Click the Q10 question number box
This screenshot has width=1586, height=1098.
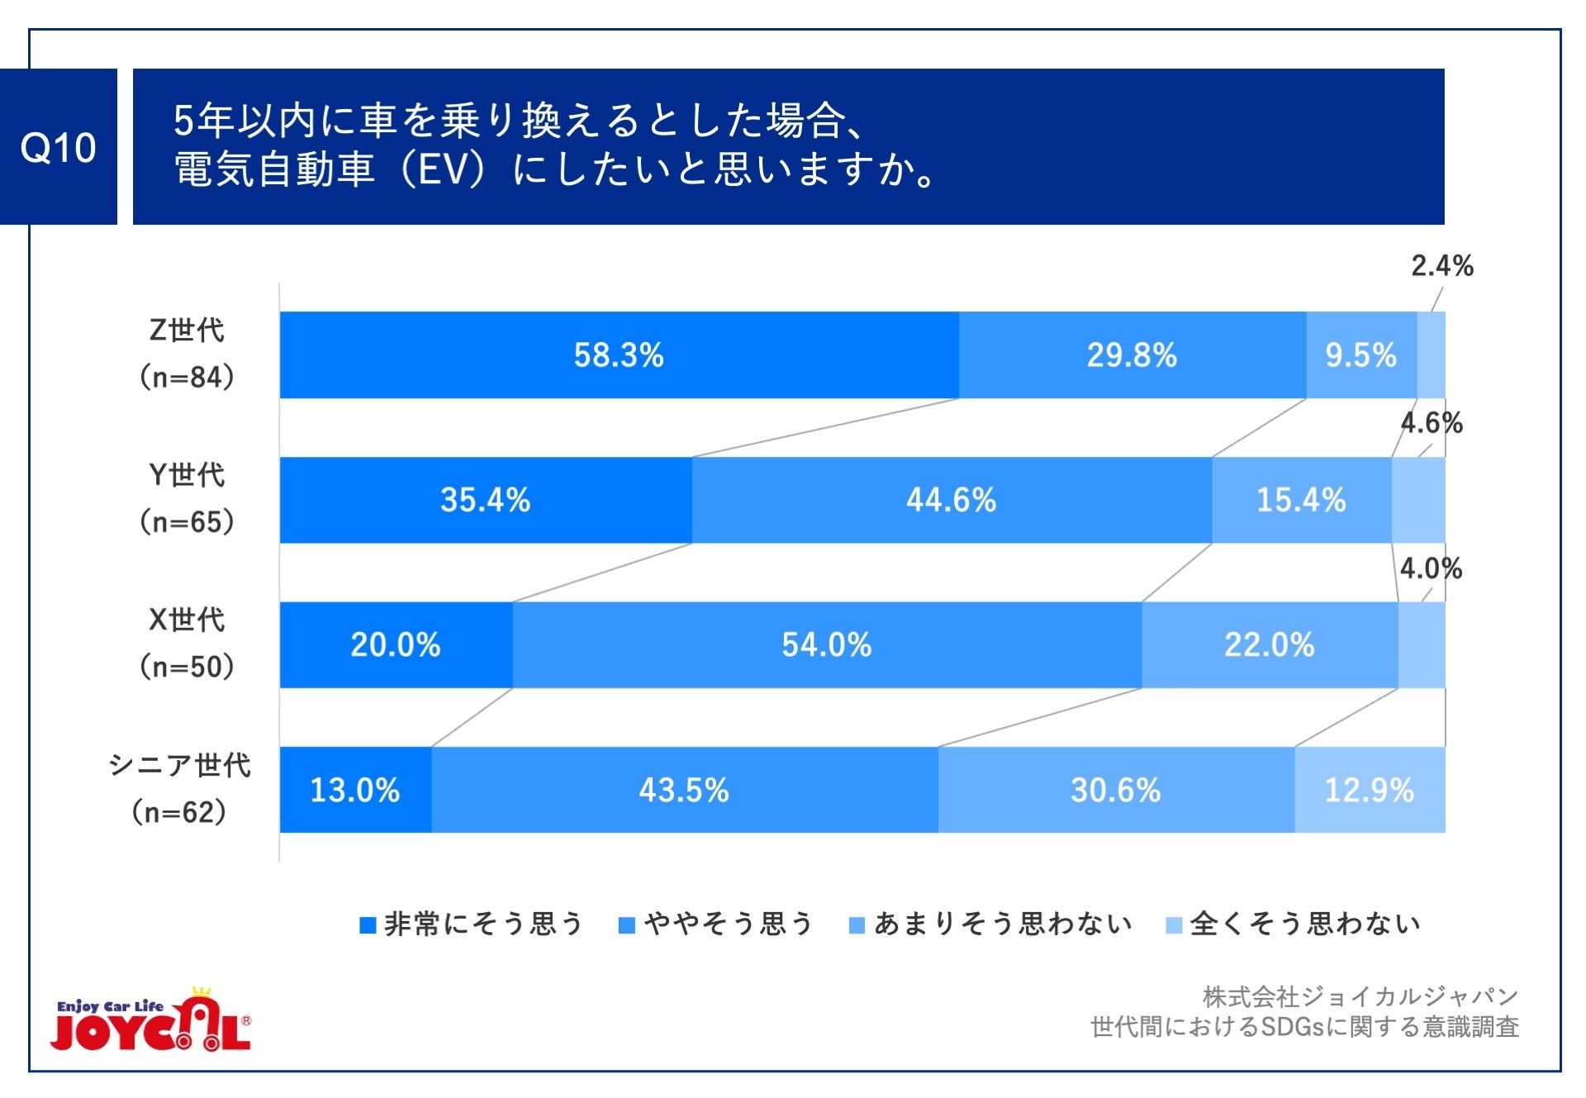tap(58, 147)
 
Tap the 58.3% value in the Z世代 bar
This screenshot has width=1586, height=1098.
tap(619, 355)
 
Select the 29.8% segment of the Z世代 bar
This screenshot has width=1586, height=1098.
tap(1131, 355)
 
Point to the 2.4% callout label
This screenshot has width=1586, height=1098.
tap(1441, 266)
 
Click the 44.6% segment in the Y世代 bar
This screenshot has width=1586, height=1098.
tap(951, 500)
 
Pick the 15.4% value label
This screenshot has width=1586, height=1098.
tap(1301, 500)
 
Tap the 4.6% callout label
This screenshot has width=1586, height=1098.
tap(1432, 423)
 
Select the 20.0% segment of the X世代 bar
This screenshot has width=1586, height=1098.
tap(396, 644)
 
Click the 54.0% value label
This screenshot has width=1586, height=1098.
tap(826, 644)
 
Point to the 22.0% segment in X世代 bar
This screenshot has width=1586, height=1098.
tap(1269, 644)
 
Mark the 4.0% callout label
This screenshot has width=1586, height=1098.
tap(1431, 568)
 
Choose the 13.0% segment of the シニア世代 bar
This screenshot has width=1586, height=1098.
tap(355, 790)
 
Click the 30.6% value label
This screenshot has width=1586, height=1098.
tap(1115, 790)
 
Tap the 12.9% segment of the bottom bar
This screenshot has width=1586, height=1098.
tap(1369, 790)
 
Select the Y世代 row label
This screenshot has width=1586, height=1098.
tap(187, 475)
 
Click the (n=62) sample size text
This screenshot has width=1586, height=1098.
tap(178, 812)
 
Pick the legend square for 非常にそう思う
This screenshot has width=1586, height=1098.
tap(368, 925)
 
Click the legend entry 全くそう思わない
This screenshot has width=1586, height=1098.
tap(1304, 924)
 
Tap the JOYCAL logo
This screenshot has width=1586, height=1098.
tap(151, 1023)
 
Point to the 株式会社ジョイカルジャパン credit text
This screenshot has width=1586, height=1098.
tap(1360, 997)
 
